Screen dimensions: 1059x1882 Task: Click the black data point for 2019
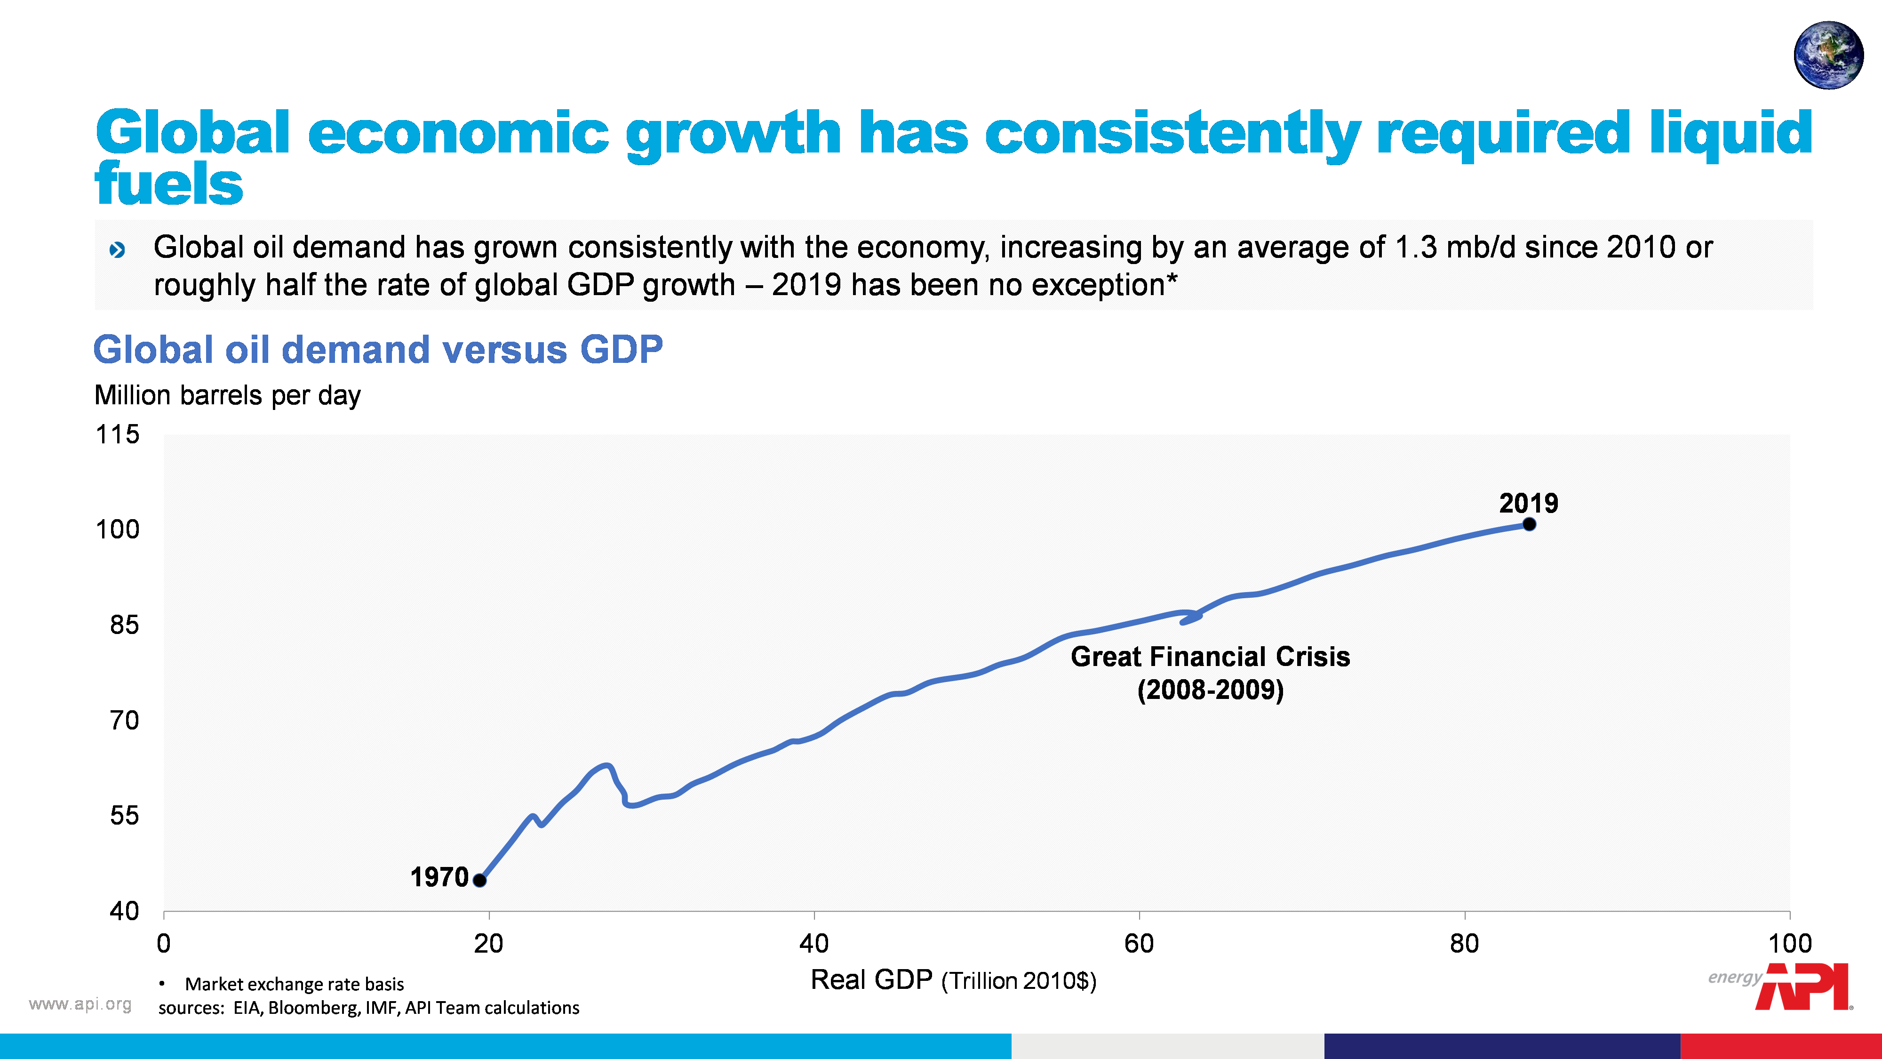point(1529,524)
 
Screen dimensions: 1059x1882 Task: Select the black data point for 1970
point(480,880)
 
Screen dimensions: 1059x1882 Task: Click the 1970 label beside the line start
point(439,877)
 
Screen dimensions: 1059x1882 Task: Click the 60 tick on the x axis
point(1139,944)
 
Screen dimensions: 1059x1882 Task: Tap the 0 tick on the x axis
point(164,944)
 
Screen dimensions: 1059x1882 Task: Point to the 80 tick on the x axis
point(1464,944)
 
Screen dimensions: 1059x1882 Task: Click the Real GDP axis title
point(953,980)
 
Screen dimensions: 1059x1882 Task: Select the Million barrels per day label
point(227,395)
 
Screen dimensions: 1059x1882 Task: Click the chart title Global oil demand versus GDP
point(378,349)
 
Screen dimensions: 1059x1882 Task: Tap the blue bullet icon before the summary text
point(117,250)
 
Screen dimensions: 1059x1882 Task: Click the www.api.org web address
point(80,1004)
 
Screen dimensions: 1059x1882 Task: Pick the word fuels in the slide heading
point(169,184)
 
